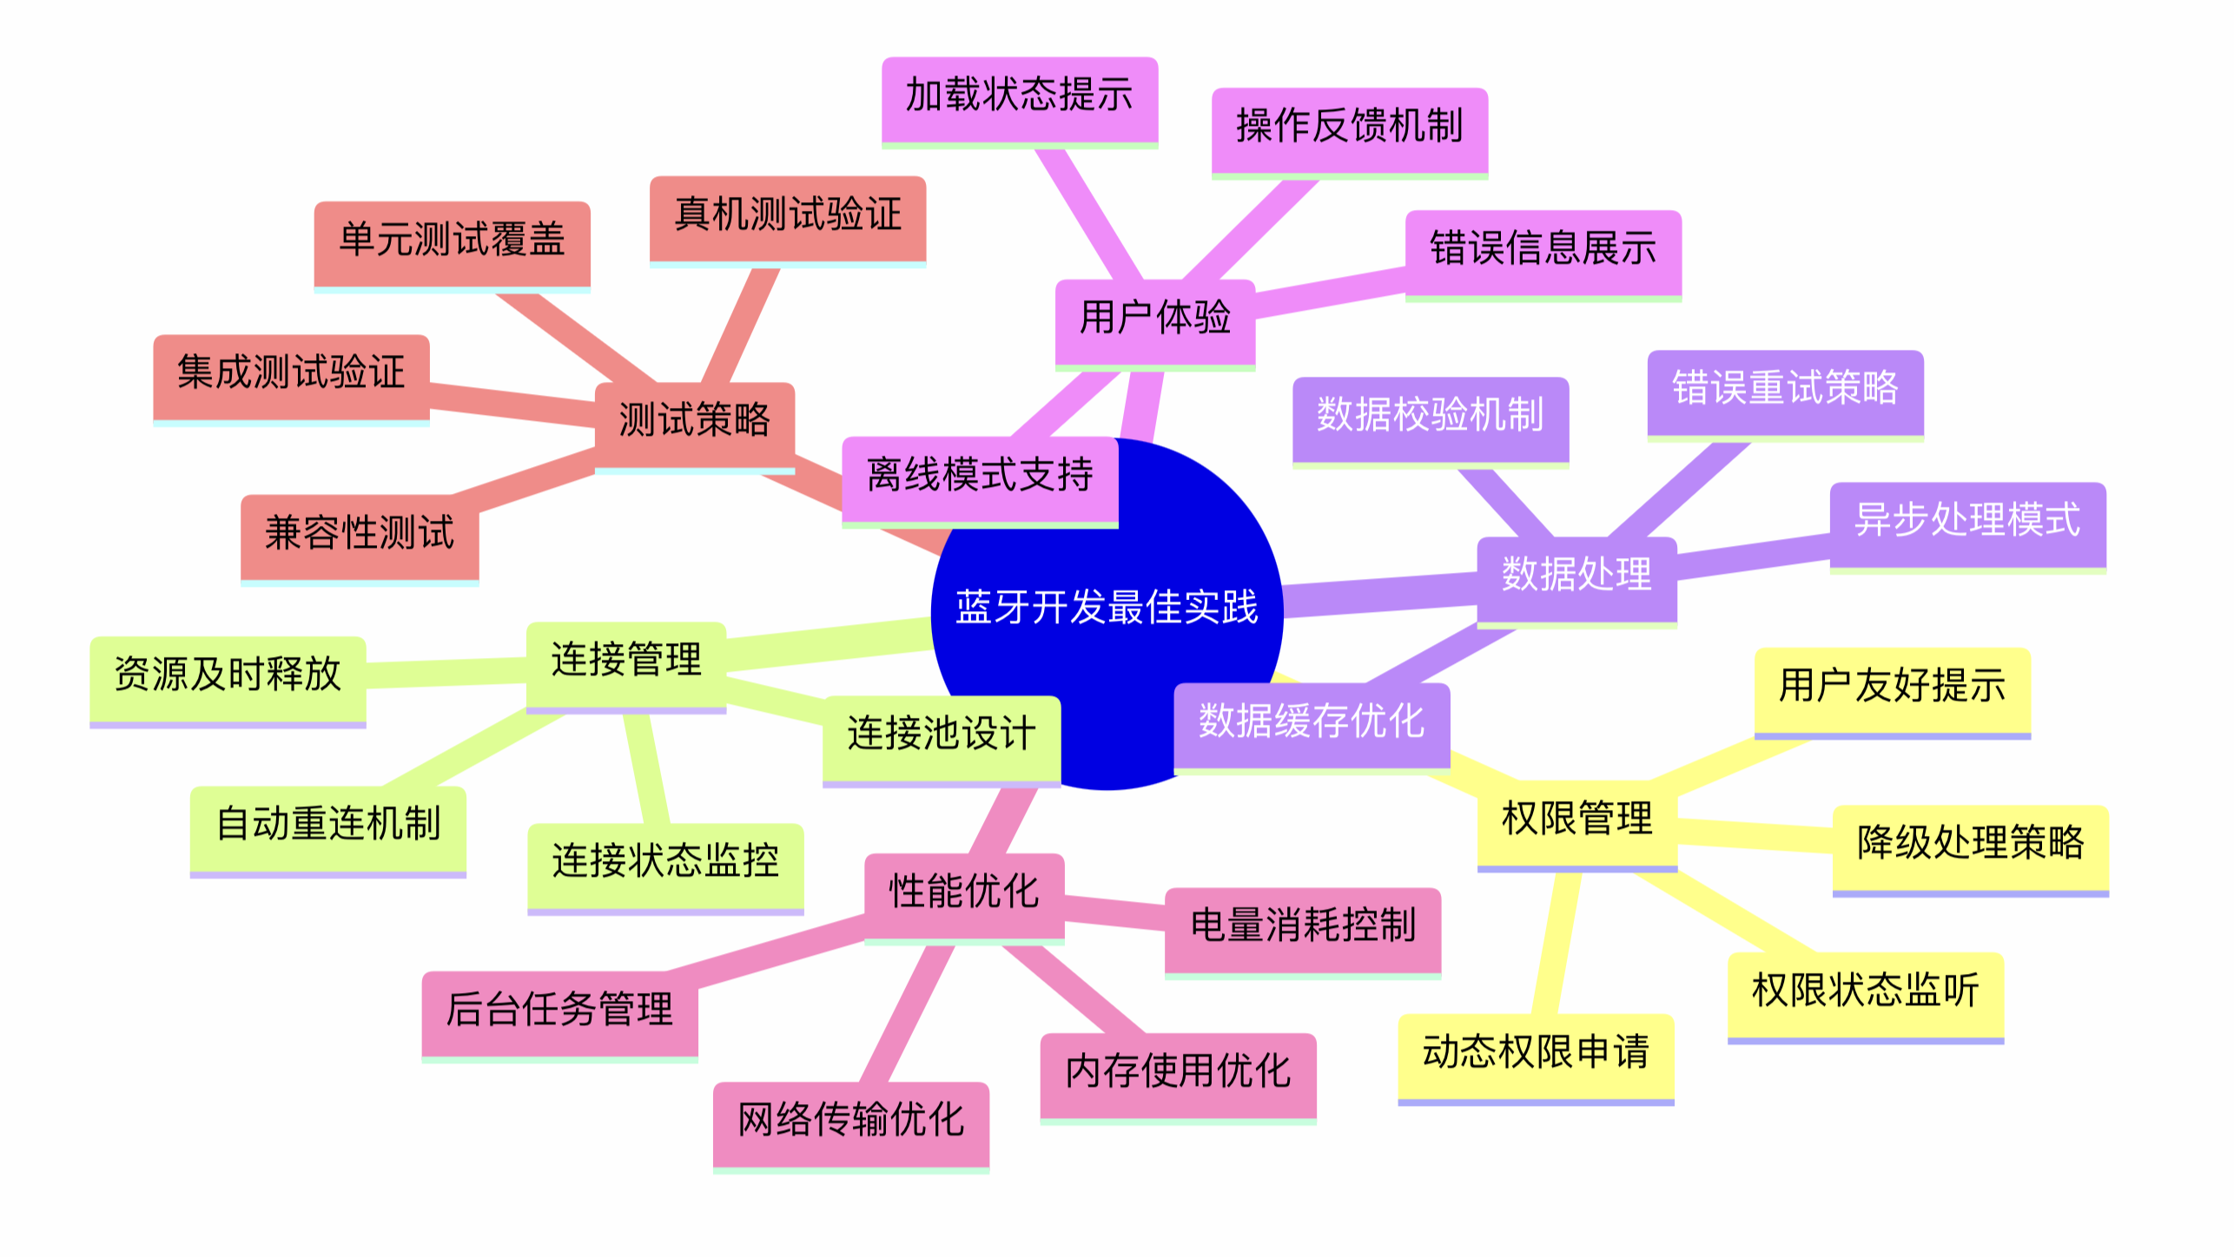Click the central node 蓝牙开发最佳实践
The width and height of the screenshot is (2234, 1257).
tap(1107, 608)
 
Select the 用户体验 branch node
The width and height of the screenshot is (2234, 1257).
tap(1154, 318)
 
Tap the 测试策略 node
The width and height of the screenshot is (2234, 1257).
tap(694, 420)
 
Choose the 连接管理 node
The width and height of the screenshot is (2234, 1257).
tap(625, 659)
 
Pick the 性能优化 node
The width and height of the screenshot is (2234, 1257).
tap(963, 892)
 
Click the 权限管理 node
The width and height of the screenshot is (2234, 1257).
tap(1576, 819)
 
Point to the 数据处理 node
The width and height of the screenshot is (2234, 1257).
tap(1576, 575)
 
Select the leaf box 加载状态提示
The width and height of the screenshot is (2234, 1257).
tap(1019, 95)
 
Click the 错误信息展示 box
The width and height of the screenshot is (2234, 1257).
tap(1543, 249)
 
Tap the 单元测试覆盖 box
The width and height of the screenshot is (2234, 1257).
tap(452, 240)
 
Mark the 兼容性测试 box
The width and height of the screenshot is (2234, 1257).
tap(360, 533)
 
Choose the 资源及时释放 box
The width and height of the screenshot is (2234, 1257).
tap(228, 675)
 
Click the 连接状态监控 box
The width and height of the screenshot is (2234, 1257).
tap(665, 861)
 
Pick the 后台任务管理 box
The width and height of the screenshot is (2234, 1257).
tap(559, 1010)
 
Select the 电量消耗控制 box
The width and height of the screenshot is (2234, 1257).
tap(1302, 925)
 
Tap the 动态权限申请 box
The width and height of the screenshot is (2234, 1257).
tap(1535, 1052)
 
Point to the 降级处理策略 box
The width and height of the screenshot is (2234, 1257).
tap(1970, 843)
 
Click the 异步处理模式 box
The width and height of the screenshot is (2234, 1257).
tap(1967, 521)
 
